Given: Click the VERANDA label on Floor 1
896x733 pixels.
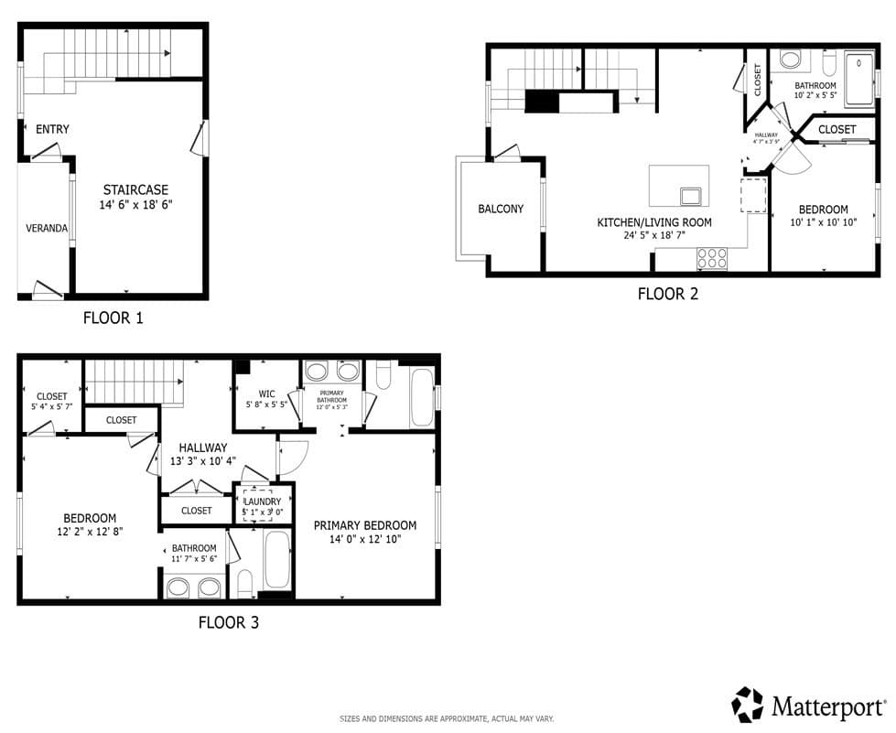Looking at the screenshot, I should pyautogui.click(x=46, y=228).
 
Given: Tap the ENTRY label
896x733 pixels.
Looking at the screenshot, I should pyautogui.click(x=52, y=129).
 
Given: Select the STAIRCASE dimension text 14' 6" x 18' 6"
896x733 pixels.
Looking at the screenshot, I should pyautogui.click(x=137, y=206).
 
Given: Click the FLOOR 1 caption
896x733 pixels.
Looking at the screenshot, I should pyautogui.click(x=113, y=318).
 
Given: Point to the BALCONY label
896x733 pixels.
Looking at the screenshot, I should pyautogui.click(x=501, y=209).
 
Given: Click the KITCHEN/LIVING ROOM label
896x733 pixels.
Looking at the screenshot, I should pyautogui.click(x=653, y=222).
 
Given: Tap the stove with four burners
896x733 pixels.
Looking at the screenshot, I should pyautogui.click(x=712, y=259).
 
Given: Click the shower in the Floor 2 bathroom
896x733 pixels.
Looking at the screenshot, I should pyautogui.click(x=858, y=79).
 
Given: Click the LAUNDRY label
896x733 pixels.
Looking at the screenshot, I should pyautogui.click(x=265, y=501).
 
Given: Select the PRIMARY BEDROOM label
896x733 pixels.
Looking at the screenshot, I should pyautogui.click(x=364, y=525).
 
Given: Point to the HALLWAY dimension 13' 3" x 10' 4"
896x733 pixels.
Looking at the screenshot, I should pyautogui.click(x=202, y=460).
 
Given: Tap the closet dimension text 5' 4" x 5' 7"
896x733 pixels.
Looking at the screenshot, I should pyautogui.click(x=52, y=407).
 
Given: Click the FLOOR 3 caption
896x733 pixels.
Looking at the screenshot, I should pyautogui.click(x=228, y=622).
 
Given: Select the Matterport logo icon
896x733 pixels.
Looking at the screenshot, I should pyautogui.click(x=747, y=705).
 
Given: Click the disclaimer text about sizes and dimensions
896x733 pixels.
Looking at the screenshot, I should pyautogui.click(x=447, y=719).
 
